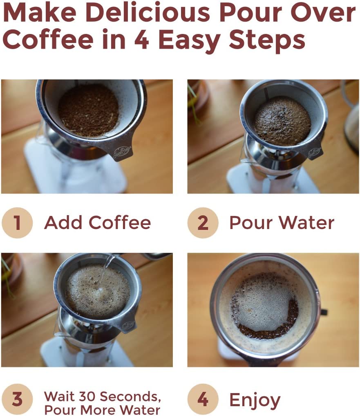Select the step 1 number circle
tap(17, 223)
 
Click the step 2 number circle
tap(203, 223)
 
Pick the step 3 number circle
tap(17, 399)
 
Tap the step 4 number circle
tap(203, 399)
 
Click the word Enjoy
tap(255, 400)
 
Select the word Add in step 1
tap(63, 223)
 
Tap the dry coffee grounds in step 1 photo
tap(88, 110)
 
